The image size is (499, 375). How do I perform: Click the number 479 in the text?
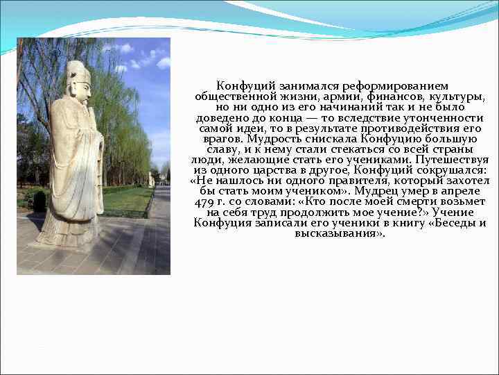coord(205,202)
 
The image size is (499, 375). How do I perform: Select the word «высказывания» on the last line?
coord(339,233)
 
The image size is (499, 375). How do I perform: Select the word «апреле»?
coord(464,191)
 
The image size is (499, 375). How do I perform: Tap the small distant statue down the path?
coord(151,178)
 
